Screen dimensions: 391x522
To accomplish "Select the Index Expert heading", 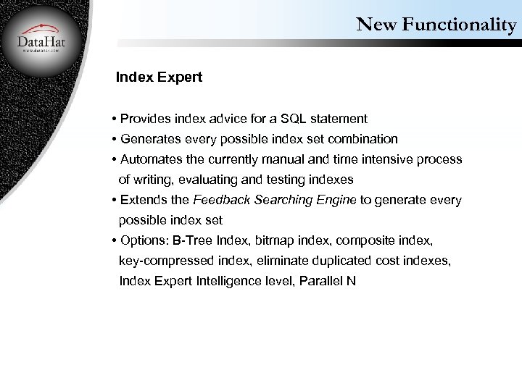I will pyautogui.click(x=159, y=77).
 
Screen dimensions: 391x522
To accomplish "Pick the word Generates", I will pyautogui.click(x=151, y=138).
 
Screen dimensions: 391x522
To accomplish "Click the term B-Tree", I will pyautogui.click(x=193, y=240).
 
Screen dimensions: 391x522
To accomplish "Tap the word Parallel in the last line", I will pyautogui.click(x=323, y=280).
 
